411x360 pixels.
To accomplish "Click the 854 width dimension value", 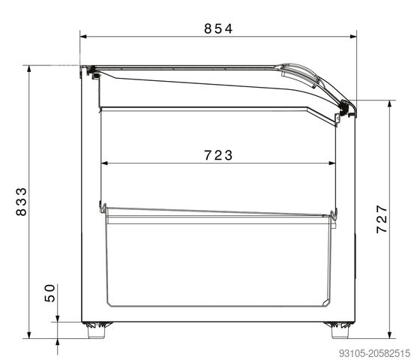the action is tap(218, 28).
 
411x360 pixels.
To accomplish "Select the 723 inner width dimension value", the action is tap(218, 155).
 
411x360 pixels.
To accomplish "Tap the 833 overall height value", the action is tap(21, 202).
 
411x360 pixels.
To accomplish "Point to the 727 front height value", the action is tap(382, 219).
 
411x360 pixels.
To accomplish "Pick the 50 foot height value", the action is tap(49, 293).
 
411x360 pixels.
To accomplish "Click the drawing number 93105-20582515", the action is tap(374, 353).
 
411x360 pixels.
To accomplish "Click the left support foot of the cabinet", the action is tap(96, 330).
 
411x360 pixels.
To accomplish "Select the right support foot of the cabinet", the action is tap(340, 330).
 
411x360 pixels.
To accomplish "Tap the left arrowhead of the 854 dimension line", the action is tap(83, 37).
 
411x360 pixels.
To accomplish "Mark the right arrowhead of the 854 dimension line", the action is tap(353, 37).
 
